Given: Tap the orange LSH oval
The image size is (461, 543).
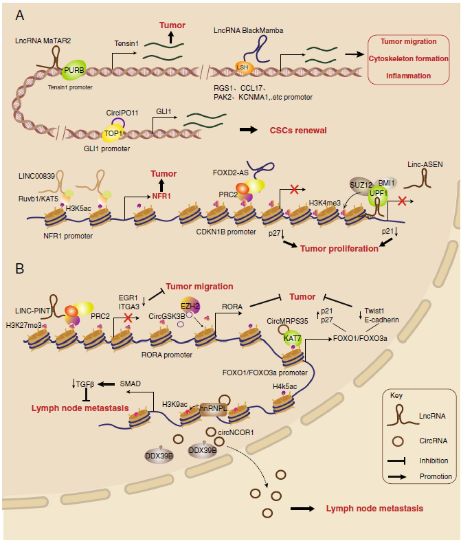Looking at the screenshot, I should tap(243, 67).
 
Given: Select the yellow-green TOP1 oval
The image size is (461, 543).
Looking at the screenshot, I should tap(112, 133).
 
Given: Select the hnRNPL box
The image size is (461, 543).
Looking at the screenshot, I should tap(213, 407).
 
